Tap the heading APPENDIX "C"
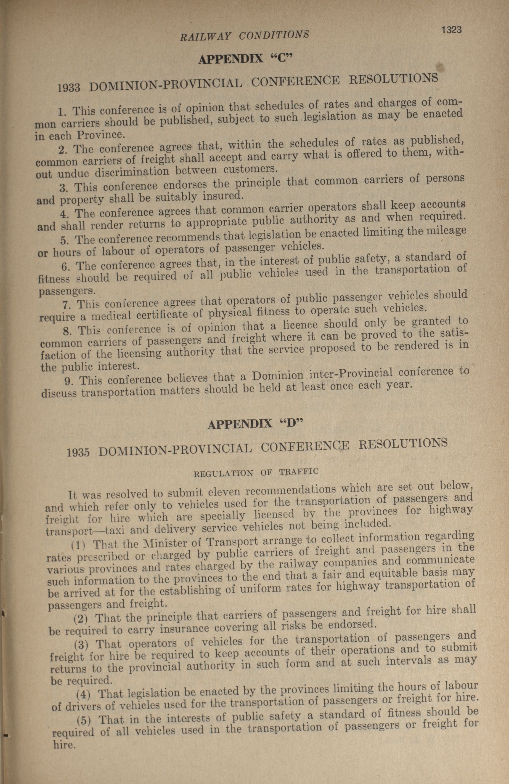[245, 59]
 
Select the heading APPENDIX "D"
[255, 424]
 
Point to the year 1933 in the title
[69, 87]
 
